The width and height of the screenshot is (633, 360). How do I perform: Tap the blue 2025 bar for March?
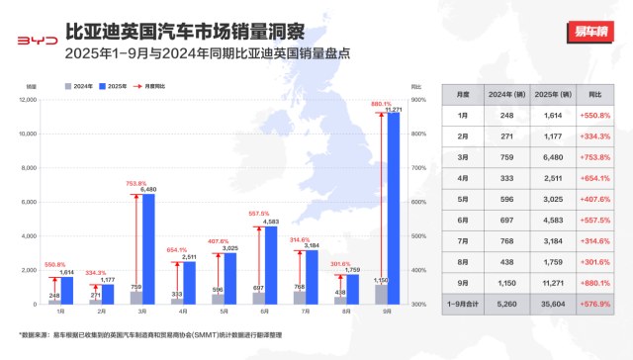(148, 247)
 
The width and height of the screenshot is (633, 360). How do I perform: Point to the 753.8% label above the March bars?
(136, 183)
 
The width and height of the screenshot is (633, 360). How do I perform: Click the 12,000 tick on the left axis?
(26, 99)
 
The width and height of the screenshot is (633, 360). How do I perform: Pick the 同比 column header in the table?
(594, 93)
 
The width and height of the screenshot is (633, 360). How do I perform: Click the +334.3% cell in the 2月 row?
(594, 137)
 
